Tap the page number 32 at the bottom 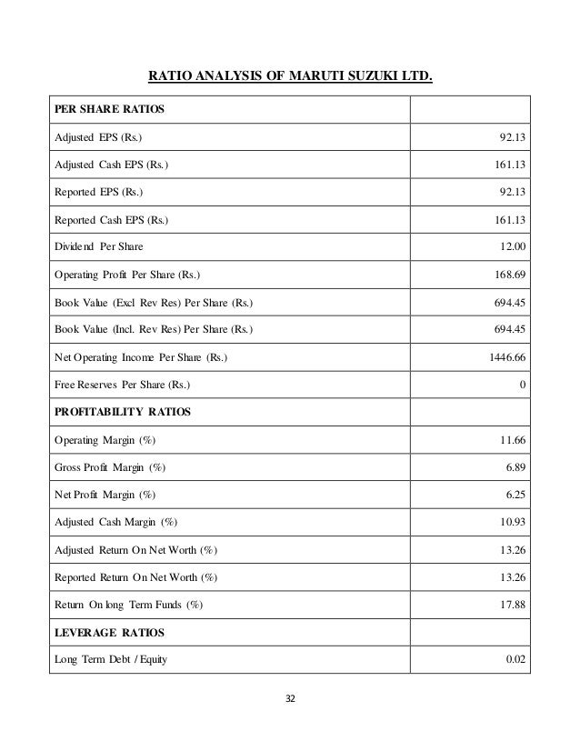point(290,699)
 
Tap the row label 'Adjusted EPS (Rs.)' point(92,138)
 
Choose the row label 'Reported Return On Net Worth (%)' point(132,576)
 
